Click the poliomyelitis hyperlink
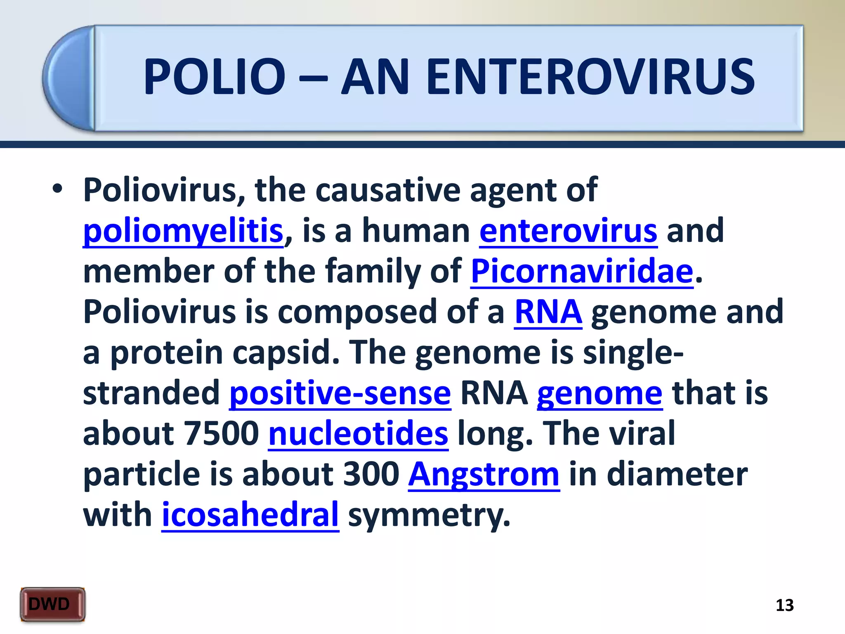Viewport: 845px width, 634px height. (183, 231)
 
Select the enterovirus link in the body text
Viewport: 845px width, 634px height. (568, 231)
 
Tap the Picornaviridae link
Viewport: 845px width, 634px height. (582, 272)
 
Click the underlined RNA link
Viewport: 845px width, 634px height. (548, 312)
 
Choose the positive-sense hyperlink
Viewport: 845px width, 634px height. (340, 393)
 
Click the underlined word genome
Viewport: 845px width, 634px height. (600, 393)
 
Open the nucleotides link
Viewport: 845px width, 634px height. (358, 434)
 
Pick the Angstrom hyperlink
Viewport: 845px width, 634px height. (484, 474)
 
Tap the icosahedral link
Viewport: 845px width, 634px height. (250, 515)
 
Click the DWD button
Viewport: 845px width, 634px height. (52, 604)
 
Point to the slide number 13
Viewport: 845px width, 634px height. (784, 606)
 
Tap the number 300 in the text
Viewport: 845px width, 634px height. (371, 474)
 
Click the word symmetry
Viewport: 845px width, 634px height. (429, 515)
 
